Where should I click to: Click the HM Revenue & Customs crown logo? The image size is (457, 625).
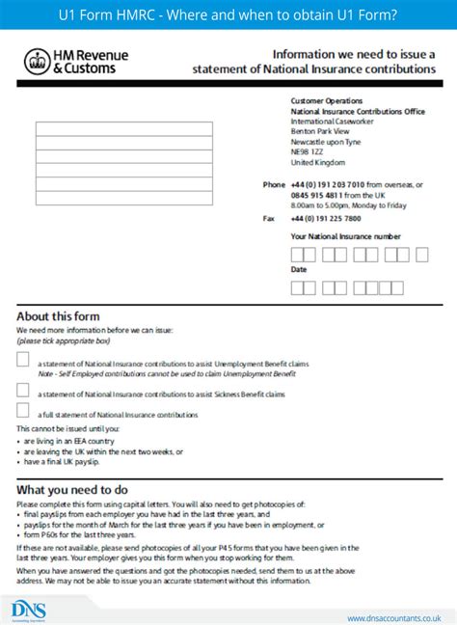pyautogui.click(x=36, y=63)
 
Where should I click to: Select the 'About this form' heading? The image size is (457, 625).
pyautogui.click(x=58, y=316)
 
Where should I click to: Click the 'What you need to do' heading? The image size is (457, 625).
pyautogui.click(x=71, y=490)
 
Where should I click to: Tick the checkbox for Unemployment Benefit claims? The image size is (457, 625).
pyautogui.click(x=23, y=361)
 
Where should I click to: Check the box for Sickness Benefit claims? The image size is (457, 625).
pyautogui.click(x=23, y=390)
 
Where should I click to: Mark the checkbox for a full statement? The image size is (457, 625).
pyautogui.click(x=23, y=412)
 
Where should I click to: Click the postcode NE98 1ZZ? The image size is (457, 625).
pyautogui.click(x=308, y=152)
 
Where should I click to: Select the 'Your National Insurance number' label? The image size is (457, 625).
pyautogui.click(x=345, y=236)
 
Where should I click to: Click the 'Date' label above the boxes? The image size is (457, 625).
pyautogui.click(x=299, y=270)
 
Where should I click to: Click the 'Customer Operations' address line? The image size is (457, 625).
pyautogui.click(x=327, y=100)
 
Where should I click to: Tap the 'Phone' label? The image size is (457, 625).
pyautogui.click(x=274, y=184)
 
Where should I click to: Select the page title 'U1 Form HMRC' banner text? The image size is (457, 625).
pyautogui.click(x=228, y=14)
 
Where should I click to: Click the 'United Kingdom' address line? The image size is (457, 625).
pyautogui.click(x=317, y=163)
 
